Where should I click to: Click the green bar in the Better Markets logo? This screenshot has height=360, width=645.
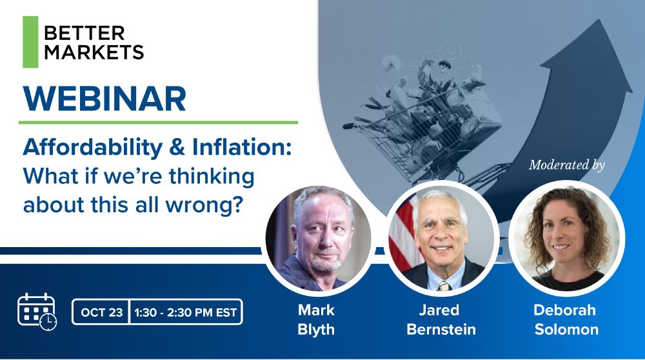click(30, 42)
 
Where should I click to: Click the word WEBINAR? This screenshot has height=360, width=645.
click(105, 99)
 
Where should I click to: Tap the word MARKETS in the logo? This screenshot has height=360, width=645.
click(94, 52)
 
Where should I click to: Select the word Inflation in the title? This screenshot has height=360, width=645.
click(242, 147)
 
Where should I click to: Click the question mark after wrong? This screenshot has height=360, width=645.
click(235, 205)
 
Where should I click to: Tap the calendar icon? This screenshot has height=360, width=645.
click(37, 312)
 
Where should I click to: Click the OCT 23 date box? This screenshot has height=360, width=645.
click(101, 312)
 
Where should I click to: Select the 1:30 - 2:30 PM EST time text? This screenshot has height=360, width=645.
click(186, 313)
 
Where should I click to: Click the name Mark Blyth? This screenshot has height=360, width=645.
click(316, 319)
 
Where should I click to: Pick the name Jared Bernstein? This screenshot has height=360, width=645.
click(441, 319)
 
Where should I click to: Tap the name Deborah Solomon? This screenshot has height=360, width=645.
click(566, 319)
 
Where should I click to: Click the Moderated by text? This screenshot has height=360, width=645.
click(567, 165)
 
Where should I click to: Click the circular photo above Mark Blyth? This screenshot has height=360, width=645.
click(318, 238)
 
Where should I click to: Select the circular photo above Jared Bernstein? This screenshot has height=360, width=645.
click(442, 238)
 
